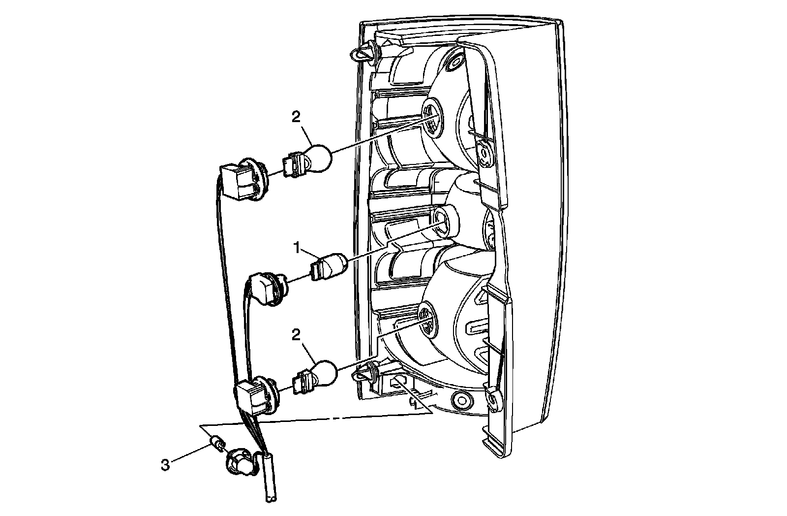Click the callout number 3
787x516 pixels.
[x=165, y=464]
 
